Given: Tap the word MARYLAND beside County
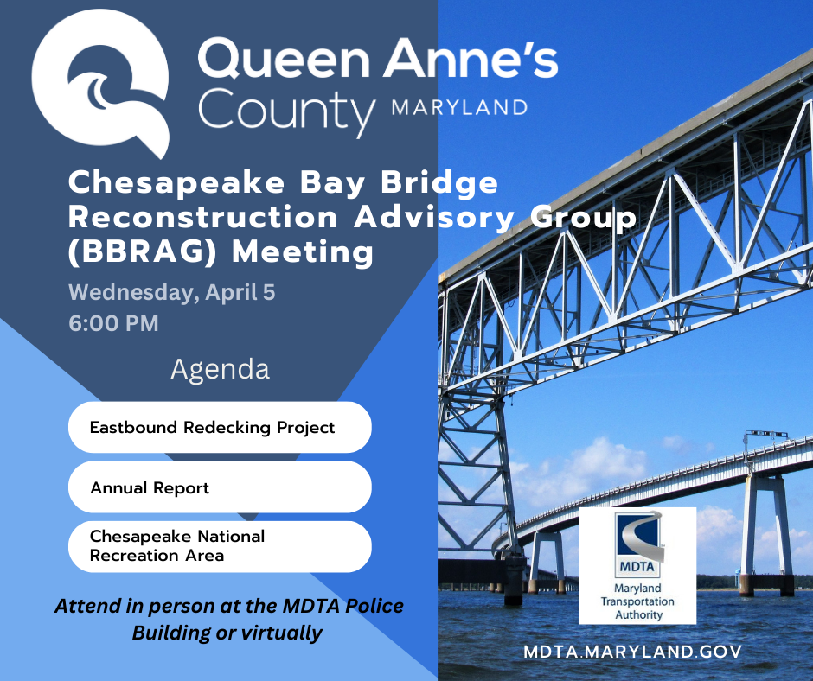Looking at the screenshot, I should tap(459, 108).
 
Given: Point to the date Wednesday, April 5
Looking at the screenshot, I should tap(171, 292).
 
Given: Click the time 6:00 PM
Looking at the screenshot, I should tap(113, 324).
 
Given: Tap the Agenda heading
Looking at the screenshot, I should tap(220, 369).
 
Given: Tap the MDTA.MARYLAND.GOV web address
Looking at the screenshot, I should tap(632, 651).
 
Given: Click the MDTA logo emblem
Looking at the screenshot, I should tap(637, 544).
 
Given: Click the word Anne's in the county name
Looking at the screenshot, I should tap(471, 60).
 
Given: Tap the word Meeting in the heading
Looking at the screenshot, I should tap(304, 252).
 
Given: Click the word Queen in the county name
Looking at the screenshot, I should tap(285, 60).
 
